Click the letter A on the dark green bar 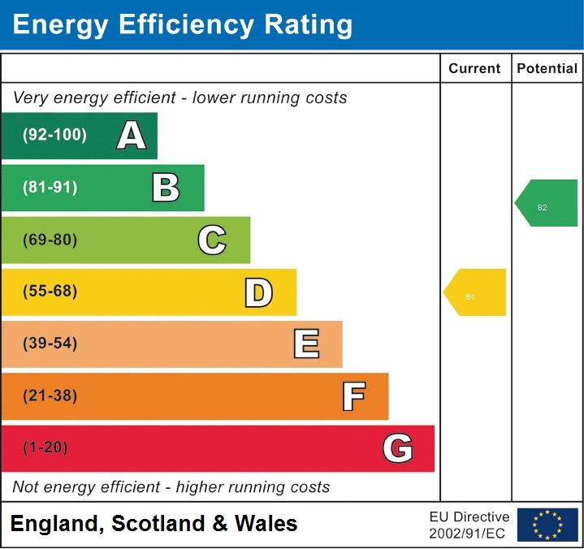tap(132, 136)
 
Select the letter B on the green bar tap(166, 188)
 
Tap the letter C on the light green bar tap(212, 240)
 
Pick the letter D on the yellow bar tap(258, 292)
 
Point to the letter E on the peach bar tap(305, 344)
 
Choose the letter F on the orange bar tap(353, 396)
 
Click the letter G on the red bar tap(397, 448)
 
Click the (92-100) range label tap(54, 136)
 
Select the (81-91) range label tap(50, 188)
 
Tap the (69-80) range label tap(50, 240)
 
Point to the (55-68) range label tap(50, 292)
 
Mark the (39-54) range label tap(50, 344)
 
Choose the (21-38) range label tap(50, 396)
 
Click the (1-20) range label tap(45, 447)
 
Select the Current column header tap(474, 69)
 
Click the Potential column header tap(547, 69)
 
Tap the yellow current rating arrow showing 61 tap(476, 292)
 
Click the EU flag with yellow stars tap(547, 525)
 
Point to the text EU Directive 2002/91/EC tap(469, 525)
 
